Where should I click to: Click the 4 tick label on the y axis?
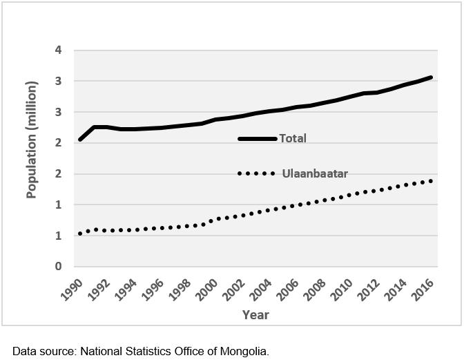click(x=59, y=50)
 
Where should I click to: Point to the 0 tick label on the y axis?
click(x=59, y=267)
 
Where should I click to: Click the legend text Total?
click(x=293, y=138)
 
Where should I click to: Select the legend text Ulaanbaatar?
click(x=315, y=173)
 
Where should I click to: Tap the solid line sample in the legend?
click(x=257, y=139)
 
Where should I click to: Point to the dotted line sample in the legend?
click(x=257, y=173)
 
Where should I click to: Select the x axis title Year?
click(x=255, y=315)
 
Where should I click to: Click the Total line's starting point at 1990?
click(x=80, y=140)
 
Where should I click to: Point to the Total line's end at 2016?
click(x=432, y=77)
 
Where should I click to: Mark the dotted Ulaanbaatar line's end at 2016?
click(x=431, y=181)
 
